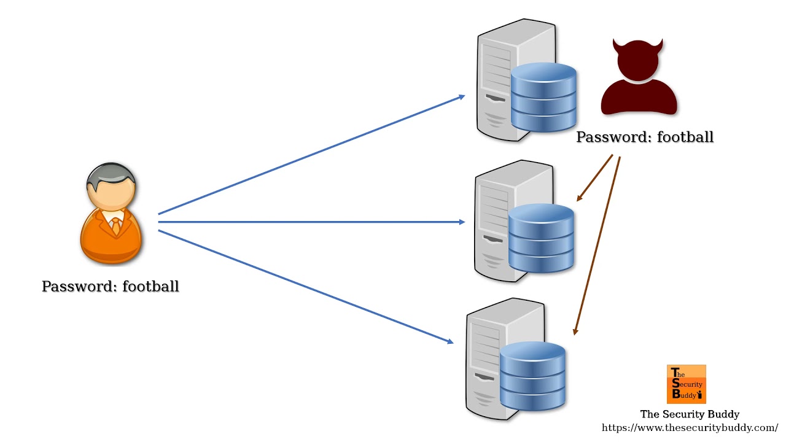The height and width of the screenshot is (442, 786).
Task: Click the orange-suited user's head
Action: click(111, 188)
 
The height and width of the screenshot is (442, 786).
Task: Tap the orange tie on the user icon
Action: click(115, 227)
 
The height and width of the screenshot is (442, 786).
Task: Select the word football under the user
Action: click(150, 286)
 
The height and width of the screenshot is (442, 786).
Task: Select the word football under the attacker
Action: click(685, 137)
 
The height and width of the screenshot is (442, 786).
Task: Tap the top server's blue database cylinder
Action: click(543, 98)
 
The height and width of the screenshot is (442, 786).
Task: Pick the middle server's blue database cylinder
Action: click(541, 239)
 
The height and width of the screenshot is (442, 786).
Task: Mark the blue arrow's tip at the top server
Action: click(463, 96)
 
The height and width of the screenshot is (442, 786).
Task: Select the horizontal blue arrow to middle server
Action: click(307, 222)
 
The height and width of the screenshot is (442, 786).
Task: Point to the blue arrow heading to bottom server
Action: click(307, 287)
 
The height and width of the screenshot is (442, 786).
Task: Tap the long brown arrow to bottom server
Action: click(597, 246)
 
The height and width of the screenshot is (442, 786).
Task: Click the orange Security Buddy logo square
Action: click(686, 384)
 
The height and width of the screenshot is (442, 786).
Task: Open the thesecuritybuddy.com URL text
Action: click(690, 427)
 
